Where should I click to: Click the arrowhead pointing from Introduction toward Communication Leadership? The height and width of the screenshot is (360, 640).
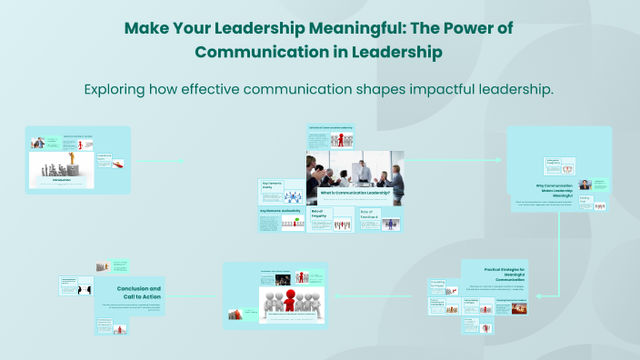(184, 162)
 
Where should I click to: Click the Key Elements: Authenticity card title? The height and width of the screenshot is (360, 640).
(280, 210)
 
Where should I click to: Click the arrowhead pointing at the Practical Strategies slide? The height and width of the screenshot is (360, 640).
(537, 295)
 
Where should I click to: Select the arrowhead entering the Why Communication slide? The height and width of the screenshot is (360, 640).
(501, 160)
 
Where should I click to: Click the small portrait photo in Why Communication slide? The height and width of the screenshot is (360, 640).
(585, 185)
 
